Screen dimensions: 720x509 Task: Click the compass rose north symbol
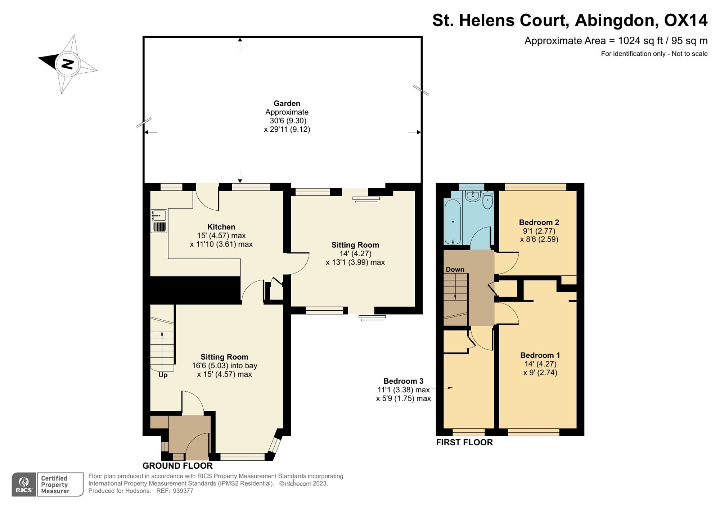pyautogui.click(x=68, y=64)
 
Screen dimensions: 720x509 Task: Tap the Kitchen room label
pyautogui.click(x=221, y=227)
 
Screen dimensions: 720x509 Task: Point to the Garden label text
pyautogui.click(x=287, y=103)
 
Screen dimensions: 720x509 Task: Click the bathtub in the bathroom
pyautogui.click(x=453, y=222)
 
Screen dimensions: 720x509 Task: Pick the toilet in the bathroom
pyautogui.click(x=487, y=200)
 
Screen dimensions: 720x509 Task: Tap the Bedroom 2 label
pyautogui.click(x=539, y=222)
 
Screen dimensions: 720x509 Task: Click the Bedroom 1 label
pyautogui.click(x=540, y=355)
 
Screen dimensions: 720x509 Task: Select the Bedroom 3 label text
pyautogui.click(x=403, y=381)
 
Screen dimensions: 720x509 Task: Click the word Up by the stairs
pyautogui.click(x=163, y=375)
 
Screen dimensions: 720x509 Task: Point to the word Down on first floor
pyautogui.click(x=455, y=269)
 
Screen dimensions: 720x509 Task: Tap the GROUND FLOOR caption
pyautogui.click(x=177, y=466)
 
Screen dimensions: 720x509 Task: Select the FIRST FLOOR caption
pyautogui.click(x=464, y=442)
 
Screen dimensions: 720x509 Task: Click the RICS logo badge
pyautogui.click(x=24, y=485)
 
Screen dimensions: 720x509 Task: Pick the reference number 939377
pyautogui.click(x=183, y=491)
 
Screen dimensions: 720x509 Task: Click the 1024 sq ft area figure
pyautogui.click(x=640, y=41)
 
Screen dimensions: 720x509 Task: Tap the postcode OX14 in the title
pyautogui.click(x=686, y=20)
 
